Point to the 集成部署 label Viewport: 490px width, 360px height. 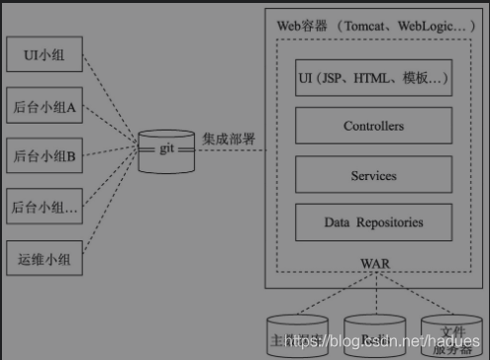[230, 138]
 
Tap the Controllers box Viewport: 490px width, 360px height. [373, 127]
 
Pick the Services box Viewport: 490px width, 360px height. [373, 175]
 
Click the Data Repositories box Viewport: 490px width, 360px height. [373, 223]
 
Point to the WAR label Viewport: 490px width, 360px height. [374, 263]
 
